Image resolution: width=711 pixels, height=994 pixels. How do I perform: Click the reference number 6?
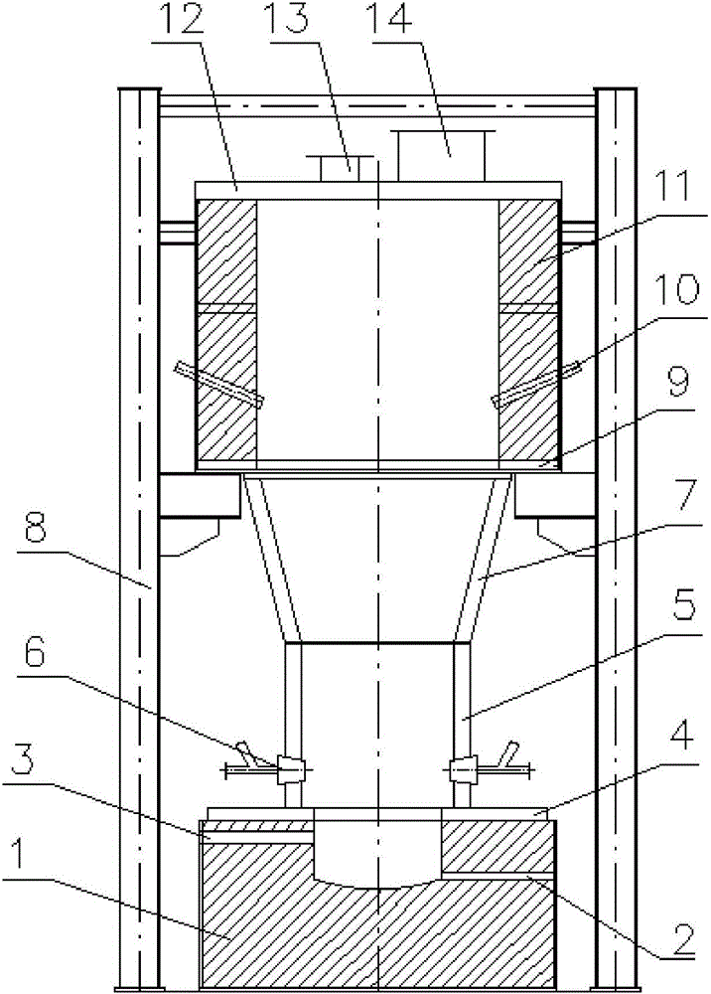pos(36,655)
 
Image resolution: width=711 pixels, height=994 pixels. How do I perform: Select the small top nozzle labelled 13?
pos(340,168)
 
